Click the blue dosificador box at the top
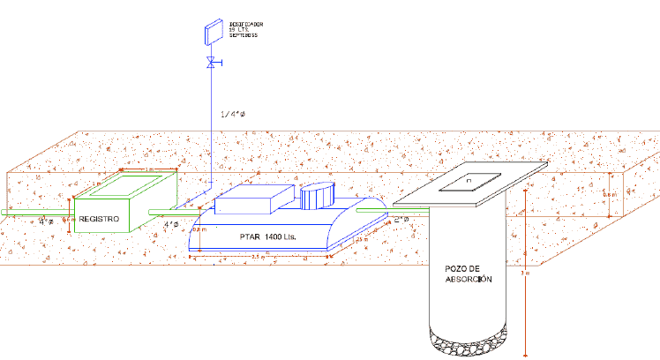(213, 33)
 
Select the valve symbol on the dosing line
(212, 63)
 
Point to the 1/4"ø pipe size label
(232, 115)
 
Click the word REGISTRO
(99, 218)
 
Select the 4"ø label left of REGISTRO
(46, 221)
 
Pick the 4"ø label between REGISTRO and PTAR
(172, 224)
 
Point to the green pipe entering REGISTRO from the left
(35, 213)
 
